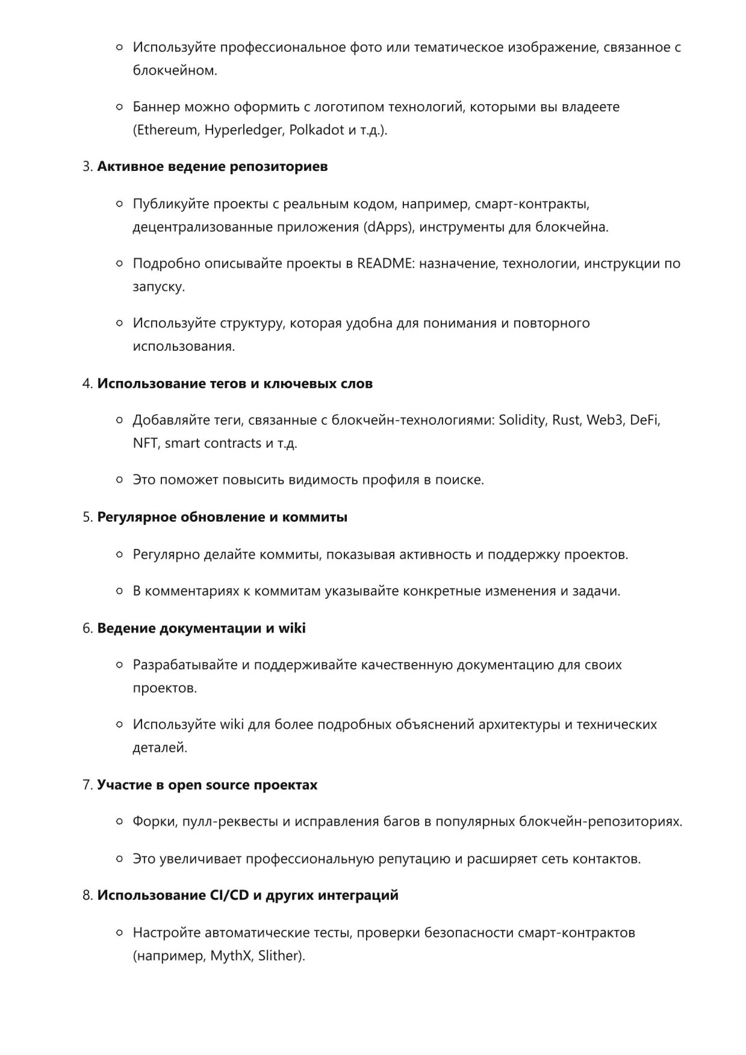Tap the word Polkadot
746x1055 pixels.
click(317, 130)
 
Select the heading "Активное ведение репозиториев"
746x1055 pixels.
click(213, 167)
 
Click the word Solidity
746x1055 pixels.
click(521, 420)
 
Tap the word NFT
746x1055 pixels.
click(145, 444)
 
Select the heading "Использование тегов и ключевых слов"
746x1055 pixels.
click(235, 384)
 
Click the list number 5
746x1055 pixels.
click(87, 518)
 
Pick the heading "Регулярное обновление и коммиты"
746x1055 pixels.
click(222, 518)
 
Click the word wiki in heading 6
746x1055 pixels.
click(291, 628)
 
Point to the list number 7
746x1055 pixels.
click(87, 785)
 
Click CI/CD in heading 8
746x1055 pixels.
click(229, 896)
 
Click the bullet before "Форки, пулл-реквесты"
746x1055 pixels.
click(120, 821)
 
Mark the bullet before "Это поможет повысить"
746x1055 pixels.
click(120, 480)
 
